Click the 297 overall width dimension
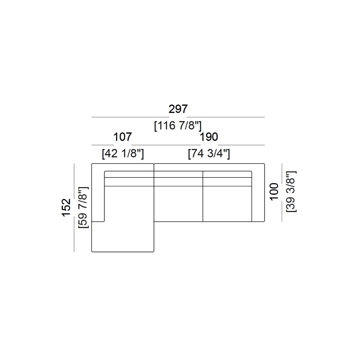tap(178, 109)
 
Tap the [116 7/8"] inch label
tap(178, 126)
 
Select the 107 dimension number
tap(122, 137)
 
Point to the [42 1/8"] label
tap(123, 153)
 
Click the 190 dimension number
tap(209, 137)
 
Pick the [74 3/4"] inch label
tap(209, 153)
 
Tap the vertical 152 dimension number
tap(66, 207)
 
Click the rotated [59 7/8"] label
tap(83, 207)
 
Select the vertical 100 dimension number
tap(274, 192)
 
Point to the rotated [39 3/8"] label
tap(291, 192)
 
